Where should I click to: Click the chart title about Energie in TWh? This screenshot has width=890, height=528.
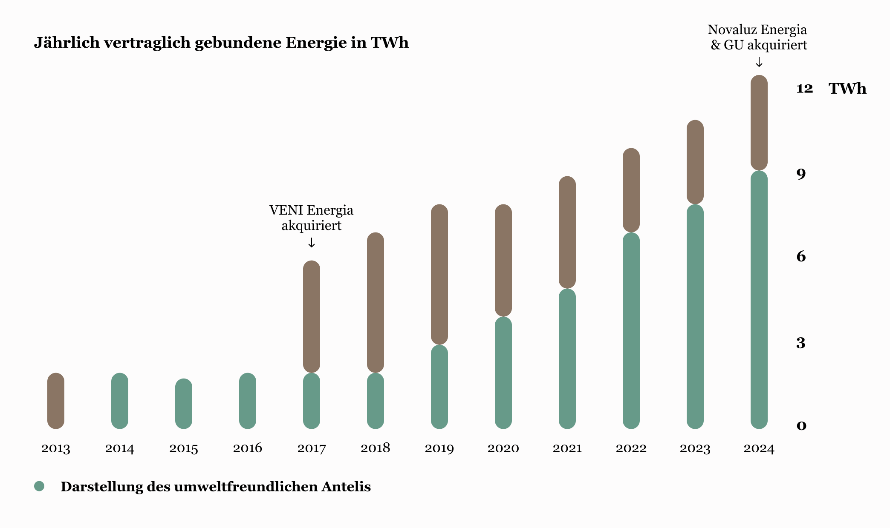tap(221, 43)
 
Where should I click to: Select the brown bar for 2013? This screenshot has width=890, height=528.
tap(56, 401)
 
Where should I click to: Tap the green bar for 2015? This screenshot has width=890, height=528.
tap(184, 404)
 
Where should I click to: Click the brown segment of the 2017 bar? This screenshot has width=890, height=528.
tap(312, 316)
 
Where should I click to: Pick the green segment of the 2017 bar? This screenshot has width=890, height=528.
tap(312, 401)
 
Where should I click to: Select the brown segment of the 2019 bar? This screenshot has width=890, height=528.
tap(439, 274)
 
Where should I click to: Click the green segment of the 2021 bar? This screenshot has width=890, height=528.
tap(567, 359)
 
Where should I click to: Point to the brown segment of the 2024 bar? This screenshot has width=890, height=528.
tap(759, 123)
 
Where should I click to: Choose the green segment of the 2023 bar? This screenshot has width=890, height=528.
tap(695, 316)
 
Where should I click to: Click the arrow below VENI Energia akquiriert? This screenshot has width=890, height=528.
tap(312, 243)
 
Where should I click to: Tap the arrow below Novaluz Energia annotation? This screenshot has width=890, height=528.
tap(759, 63)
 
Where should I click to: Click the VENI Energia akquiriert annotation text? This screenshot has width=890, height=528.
tap(312, 218)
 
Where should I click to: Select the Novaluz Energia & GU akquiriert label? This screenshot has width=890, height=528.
tap(758, 37)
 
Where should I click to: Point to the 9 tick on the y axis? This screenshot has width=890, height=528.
tap(801, 174)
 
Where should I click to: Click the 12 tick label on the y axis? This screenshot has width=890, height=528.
tap(804, 88)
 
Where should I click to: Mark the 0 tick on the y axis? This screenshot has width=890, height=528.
tap(801, 425)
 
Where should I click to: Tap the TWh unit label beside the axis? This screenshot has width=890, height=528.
tap(847, 89)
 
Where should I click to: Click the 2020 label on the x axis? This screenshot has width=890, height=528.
tap(503, 448)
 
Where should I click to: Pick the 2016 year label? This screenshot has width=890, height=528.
tap(248, 448)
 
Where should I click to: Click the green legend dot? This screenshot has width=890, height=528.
tap(39, 486)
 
